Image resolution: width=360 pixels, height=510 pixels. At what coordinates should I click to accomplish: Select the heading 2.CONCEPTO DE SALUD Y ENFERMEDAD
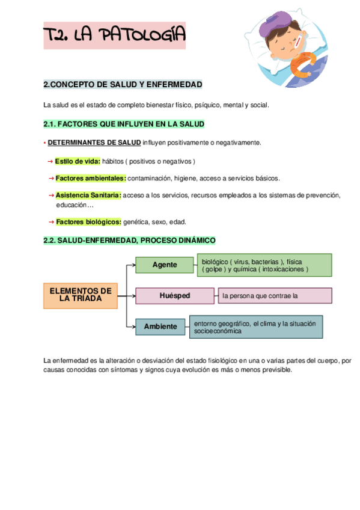click(x=123, y=84)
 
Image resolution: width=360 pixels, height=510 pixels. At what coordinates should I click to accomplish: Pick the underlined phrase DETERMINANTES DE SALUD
click(x=94, y=143)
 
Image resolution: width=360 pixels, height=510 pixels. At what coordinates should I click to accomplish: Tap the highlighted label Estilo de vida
click(x=78, y=161)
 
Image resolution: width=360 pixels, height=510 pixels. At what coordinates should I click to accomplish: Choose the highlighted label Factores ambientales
click(x=91, y=178)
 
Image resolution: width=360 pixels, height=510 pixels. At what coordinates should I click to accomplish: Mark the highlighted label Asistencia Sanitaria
click(x=88, y=195)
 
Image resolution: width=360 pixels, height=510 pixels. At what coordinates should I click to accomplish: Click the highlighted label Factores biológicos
click(x=88, y=222)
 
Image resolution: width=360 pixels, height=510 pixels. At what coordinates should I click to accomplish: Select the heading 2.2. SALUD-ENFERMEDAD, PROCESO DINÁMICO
click(x=129, y=241)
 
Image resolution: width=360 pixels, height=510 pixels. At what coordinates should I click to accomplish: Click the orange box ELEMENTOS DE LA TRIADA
click(x=81, y=294)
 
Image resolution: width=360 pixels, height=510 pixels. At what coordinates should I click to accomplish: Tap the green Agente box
click(x=165, y=265)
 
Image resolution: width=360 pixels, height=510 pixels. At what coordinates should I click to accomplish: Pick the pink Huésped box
click(x=174, y=296)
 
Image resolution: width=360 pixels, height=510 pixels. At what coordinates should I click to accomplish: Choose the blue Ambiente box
click(x=160, y=327)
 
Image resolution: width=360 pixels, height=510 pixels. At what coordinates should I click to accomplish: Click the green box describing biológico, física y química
click(x=264, y=265)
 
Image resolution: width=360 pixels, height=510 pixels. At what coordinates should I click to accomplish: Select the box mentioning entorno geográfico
click(x=255, y=327)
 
